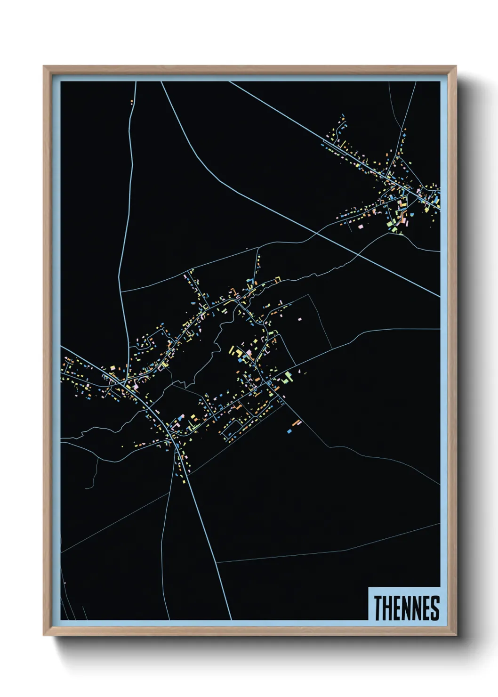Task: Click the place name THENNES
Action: click(407, 608)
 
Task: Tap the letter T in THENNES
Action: click(378, 608)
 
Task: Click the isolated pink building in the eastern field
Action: click(299, 319)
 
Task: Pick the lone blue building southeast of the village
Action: click(289, 431)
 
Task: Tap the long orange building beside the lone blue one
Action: click(296, 423)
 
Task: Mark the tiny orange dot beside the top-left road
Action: click(132, 101)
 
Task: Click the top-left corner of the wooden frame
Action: click(43, 66)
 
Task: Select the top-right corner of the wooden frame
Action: click(456, 66)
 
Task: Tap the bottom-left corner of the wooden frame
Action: click(43, 635)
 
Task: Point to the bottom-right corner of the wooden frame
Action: click(456, 635)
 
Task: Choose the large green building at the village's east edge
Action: click(288, 376)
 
